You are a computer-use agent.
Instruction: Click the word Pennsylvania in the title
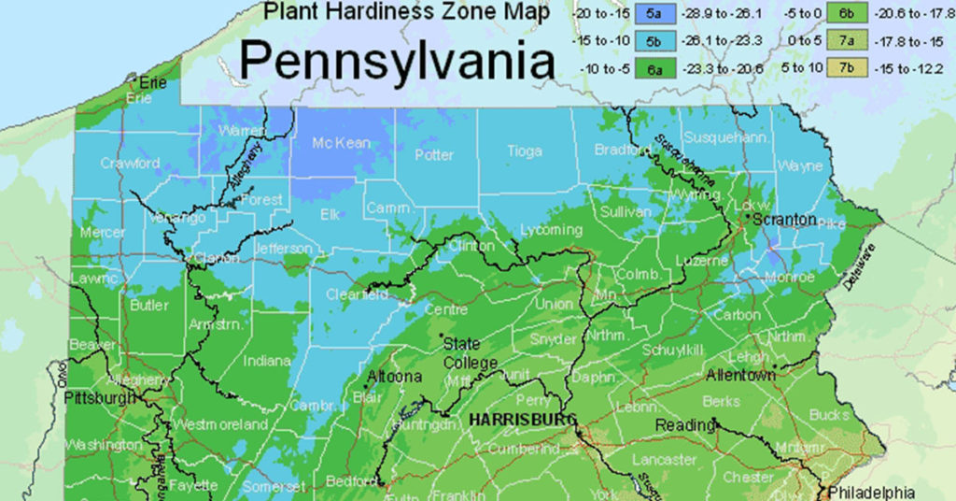pyautogui.click(x=397, y=62)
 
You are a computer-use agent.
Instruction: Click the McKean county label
pyautogui.click(x=341, y=144)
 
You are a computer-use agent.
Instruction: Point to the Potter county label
pyautogui.click(x=433, y=155)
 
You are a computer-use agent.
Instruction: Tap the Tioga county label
pyautogui.click(x=524, y=151)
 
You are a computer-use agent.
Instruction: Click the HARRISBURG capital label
pyautogui.click(x=523, y=420)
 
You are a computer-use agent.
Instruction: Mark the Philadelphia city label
pyautogui.click(x=872, y=493)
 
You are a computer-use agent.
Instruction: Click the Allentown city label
pyautogui.click(x=740, y=375)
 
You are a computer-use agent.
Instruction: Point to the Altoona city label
pyautogui.click(x=396, y=377)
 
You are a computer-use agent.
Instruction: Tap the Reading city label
pyautogui.click(x=684, y=425)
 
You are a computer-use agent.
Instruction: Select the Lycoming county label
pyautogui.click(x=551, y=230)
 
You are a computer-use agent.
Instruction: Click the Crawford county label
pyautogui.click(x=130, y=163)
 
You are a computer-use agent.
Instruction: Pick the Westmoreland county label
pyautogui.click(x=220, y=424)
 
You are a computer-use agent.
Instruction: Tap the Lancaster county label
pyautogui.click(x=664, y=460)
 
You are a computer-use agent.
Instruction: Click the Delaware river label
pyautogui.click(x=864, y=268)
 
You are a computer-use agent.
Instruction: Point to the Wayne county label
pyautogui.click(x=800, y=166)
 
